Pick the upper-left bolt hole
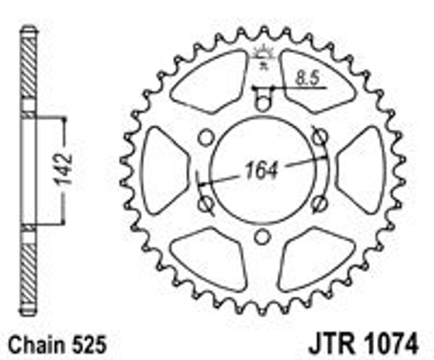(205, 137)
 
